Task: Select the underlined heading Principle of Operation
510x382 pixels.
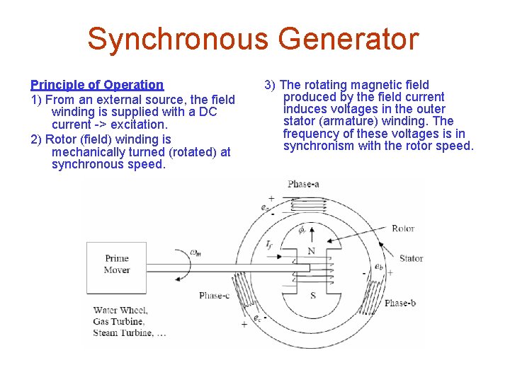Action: (97, 85)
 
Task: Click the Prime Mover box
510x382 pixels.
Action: (116, 264)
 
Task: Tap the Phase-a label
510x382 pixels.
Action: (303, 184)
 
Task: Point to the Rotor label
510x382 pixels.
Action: (403, 228)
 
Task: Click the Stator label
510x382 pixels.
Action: (411, 259)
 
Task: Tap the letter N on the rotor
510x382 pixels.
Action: (311, 251)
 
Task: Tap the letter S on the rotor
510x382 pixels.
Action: (312, 295)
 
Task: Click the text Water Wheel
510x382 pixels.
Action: (120, 310)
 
